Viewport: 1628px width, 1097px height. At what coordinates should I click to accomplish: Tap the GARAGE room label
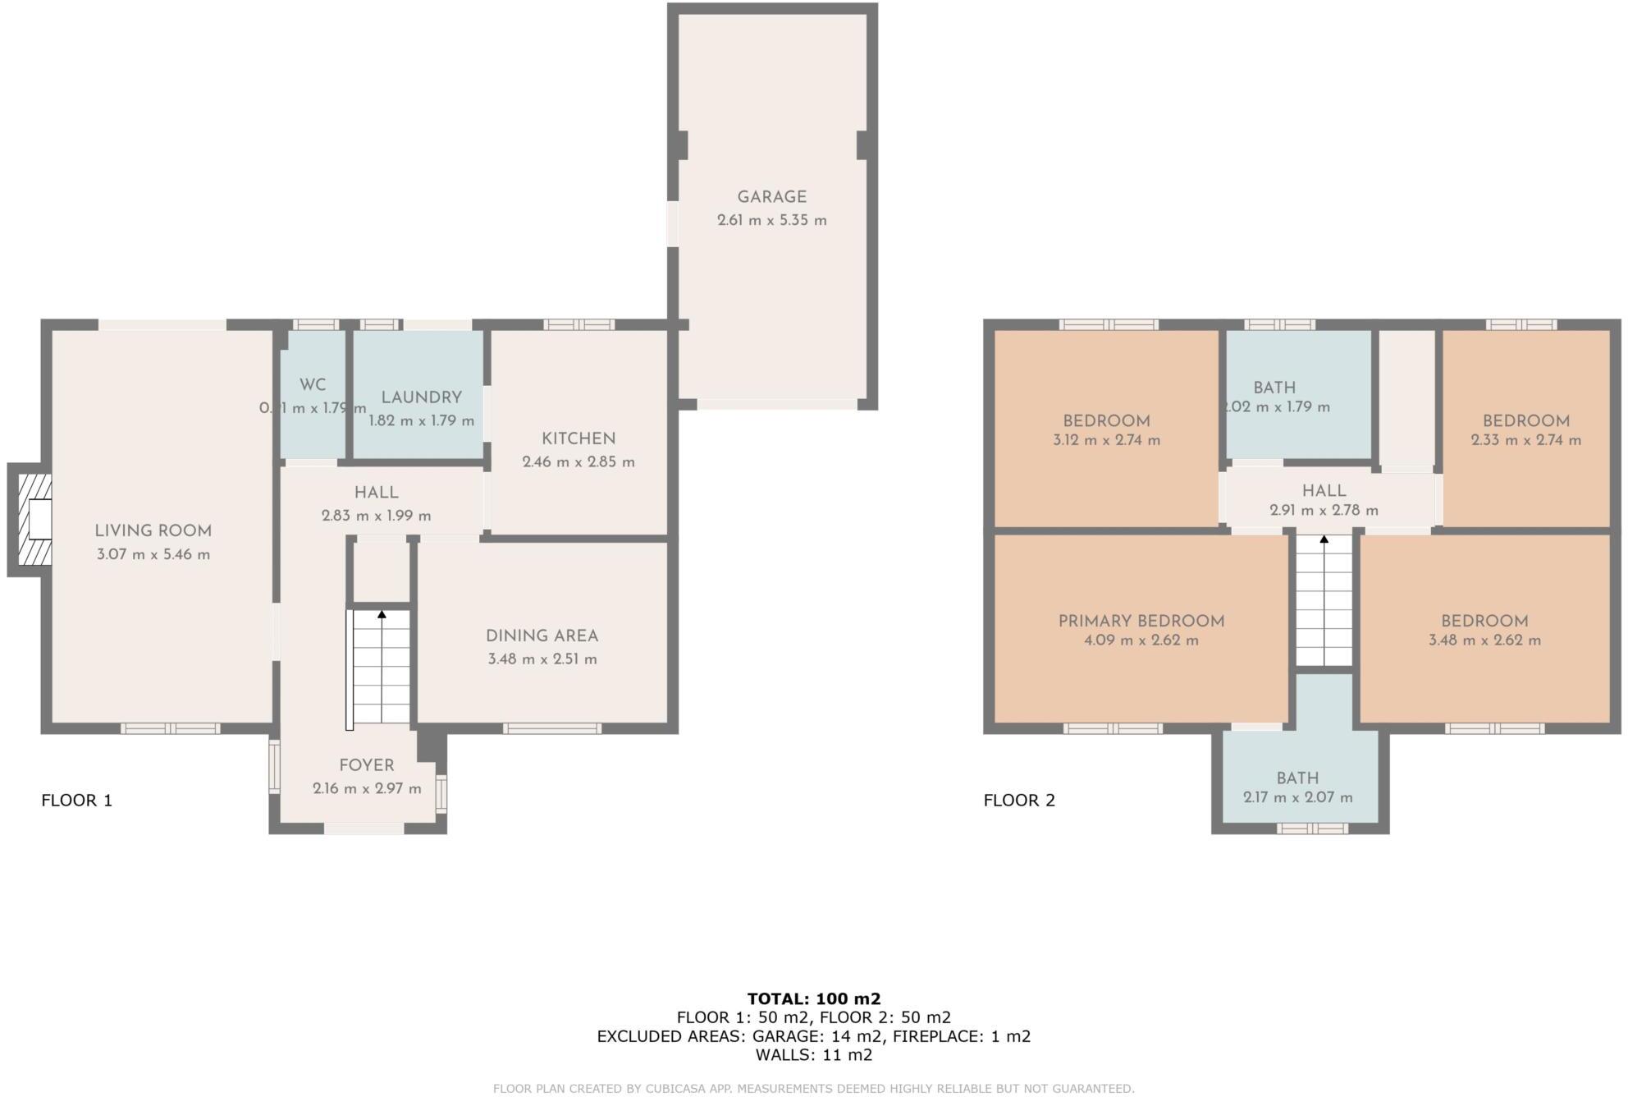click(x=771, y=197)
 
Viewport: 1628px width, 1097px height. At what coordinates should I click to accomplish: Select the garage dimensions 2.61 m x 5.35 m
click(x=771, y=220)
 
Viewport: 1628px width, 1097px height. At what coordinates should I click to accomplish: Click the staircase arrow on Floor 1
click(x=382, y=613)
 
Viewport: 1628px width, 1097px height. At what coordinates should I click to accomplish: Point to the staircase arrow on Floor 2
click(x=1324, y=539)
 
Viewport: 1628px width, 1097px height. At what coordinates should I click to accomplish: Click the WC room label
click(x=313, y=384)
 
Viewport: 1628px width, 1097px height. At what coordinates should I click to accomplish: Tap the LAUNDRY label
click(x=421, y=397)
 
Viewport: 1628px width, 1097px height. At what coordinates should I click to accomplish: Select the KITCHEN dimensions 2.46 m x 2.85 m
click(x=578, y=461)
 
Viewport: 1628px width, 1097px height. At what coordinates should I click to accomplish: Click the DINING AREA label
click(x=542, y=636)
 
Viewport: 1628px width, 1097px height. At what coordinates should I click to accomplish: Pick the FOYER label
click(x=367, y=765)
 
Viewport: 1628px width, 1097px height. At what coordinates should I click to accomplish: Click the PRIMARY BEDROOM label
click(x=1141, y=622)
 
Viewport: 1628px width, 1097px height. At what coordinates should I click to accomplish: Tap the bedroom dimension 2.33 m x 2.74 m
click(x=1525, y=440)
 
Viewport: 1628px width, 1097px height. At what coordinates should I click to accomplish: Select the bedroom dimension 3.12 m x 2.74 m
click(x=1106, y=440)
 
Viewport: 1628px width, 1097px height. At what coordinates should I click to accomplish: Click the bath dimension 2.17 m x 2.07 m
click(x=1297, y=797)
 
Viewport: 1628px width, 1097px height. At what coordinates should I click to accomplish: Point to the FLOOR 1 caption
click(x=76, y=800)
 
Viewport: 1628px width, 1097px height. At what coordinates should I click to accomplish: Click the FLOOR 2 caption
click(x=1019, y=800)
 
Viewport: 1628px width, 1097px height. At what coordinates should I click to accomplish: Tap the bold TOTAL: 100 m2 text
click(x=813, y=998)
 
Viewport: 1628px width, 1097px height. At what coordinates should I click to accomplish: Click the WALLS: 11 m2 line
click(x=813, y=1055)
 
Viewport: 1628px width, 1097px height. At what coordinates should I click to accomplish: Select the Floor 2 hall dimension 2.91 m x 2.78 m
click(x=1324, y=510)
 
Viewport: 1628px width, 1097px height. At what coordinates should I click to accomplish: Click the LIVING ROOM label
click(x=153, y=531)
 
